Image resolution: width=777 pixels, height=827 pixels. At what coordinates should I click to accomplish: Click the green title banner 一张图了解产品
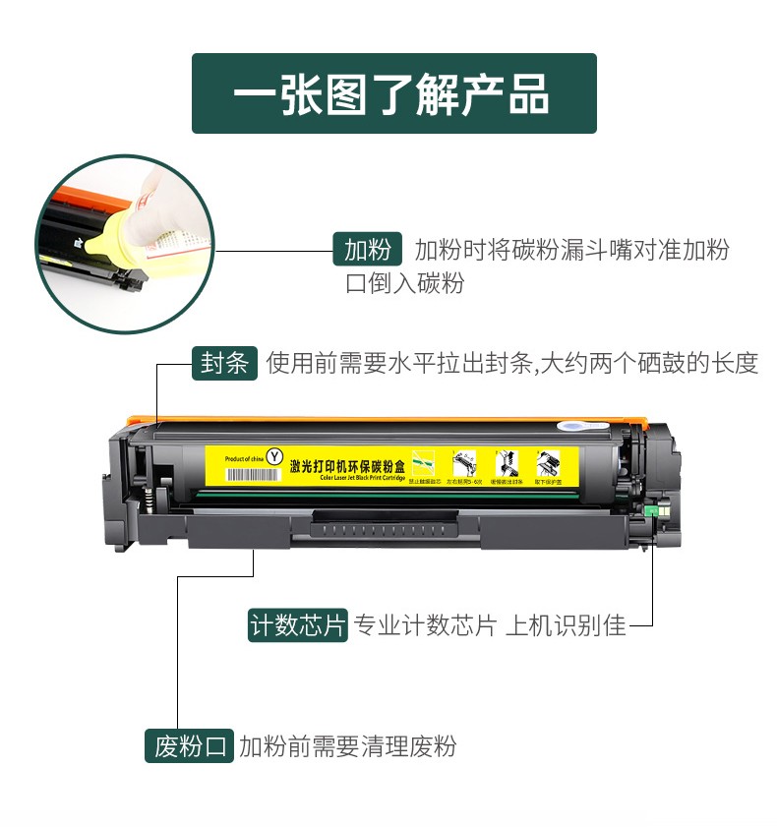[x=393, y=93]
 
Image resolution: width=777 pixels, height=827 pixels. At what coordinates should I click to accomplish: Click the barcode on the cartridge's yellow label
[x=252, y=474]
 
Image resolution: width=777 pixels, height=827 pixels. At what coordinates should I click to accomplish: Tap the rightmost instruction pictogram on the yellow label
[x=547, y=465]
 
